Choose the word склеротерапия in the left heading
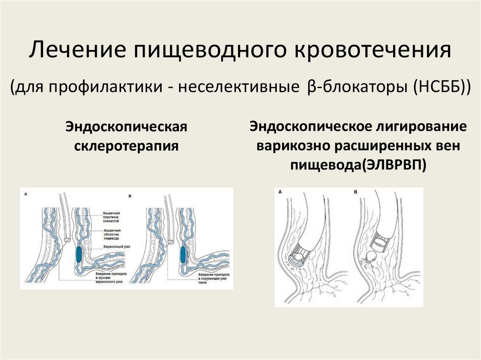pyautogui.click(x=126, y=145)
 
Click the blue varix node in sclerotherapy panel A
pyautogui.click(x=78, y=254)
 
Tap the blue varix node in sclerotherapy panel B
pyautogui.click(x=183, y=254)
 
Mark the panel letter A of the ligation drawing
pyautogui.click(x=280, y=191)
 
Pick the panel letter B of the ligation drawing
pyautogui.click(x=356, y=191)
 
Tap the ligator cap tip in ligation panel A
pyautogui.click(x=299, y=256)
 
